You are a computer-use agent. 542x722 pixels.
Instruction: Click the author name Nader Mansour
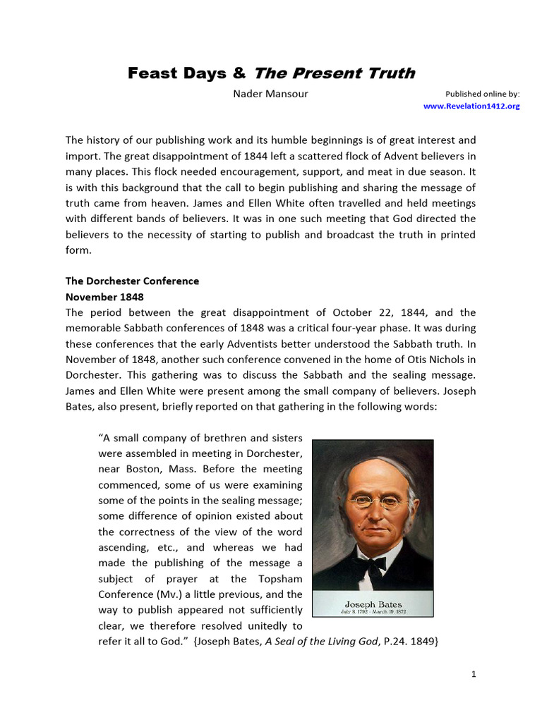click(x=270, y=94)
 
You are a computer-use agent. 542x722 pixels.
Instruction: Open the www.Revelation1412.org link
click(x=471, y=106)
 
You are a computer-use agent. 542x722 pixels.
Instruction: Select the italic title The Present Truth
click(x=334, y=73)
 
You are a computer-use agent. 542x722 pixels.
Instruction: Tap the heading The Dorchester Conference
click(x=132, y=281)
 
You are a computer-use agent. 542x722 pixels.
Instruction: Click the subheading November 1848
click(x=104, y=297)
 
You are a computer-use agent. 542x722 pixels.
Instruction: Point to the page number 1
click(x=474, y=674)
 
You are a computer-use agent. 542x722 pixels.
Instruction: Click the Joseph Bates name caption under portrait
click(x=373, y=604)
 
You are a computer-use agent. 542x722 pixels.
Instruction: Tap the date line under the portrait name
click(x=373, y=612)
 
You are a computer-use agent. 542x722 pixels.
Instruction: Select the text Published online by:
click(x=483, y=94)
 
